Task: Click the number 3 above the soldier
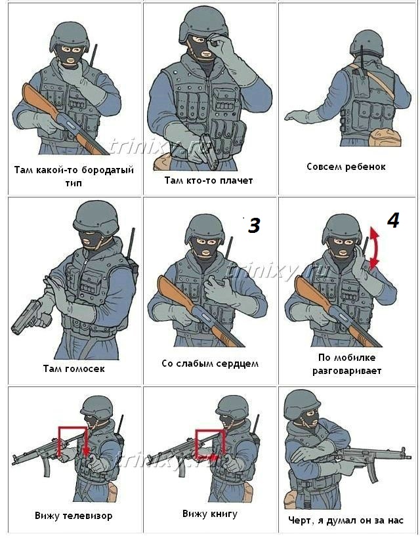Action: point(253,226)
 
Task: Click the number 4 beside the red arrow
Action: point(393,220)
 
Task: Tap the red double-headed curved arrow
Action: point(374,248)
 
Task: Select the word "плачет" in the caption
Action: point(236,180)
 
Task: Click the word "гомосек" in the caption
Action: point(84,369)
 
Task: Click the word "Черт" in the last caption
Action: point(300,520)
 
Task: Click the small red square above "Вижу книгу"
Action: point(209,444)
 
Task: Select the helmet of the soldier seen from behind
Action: point(366,43)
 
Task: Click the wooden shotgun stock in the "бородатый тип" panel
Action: point(39,100)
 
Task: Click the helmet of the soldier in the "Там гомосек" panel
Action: point(96,218)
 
